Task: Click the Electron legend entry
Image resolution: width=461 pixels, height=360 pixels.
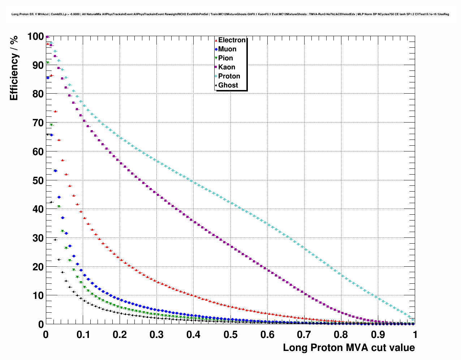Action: coord(232,40)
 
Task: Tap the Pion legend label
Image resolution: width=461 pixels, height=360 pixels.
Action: coord(225,58)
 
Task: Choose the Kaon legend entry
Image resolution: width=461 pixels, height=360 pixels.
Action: coord(227,67)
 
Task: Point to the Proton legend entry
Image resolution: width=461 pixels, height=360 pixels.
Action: coord(229,76)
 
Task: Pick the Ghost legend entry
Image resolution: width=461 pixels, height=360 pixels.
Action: coord(228,85)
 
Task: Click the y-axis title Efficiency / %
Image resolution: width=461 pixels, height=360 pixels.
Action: coord(14,68)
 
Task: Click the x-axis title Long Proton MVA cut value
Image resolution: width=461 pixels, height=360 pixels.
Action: coord(349,348)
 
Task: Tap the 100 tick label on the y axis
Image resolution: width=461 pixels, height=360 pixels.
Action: coord(35,37)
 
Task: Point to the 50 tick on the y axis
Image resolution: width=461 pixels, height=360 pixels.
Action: coord(38,180)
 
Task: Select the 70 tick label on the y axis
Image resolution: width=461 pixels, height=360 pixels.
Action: coord(38,123)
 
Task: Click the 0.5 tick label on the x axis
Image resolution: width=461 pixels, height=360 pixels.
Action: coord(231,335)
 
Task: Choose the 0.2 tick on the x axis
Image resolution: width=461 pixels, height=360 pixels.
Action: coord(120,335)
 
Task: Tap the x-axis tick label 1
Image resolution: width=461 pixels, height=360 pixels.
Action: coord(415,335)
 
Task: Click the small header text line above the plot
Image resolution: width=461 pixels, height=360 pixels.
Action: coord(230,14)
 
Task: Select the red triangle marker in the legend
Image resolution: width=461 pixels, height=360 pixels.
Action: coord(216,40)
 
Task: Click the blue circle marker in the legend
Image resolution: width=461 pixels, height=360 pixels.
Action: coord(216,49)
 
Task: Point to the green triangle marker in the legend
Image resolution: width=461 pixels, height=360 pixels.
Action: coord(216,58)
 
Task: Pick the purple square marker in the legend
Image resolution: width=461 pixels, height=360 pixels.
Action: coord(216,67)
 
